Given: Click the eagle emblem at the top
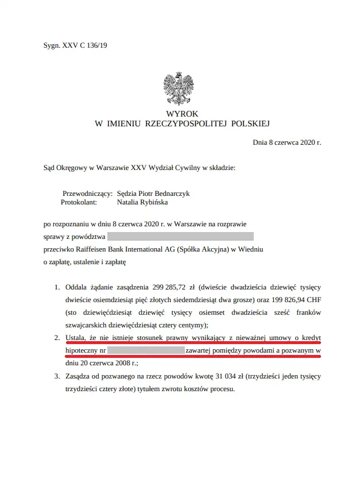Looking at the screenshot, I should tap(182, 87).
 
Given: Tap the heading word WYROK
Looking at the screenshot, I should tap(182, 114).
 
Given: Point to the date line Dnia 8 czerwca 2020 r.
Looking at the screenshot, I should tap(286, 142).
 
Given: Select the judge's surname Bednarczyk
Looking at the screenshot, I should tap(170, 194).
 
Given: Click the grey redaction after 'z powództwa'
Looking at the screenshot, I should tap(180, 236).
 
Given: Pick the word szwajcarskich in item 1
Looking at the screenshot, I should tap(88, 324).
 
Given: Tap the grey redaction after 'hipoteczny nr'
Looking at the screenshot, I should tap(146, 350).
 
